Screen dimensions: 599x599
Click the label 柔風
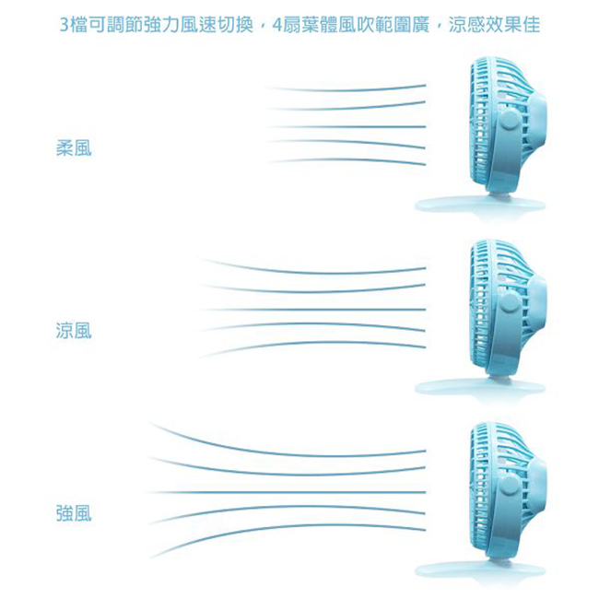pos(74,148)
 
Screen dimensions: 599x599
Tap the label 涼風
pos(74,331)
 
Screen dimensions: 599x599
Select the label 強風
pos(74,513)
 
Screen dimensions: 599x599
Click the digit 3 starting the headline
pos(65,25)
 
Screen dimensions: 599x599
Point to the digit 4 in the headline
pos(277,25)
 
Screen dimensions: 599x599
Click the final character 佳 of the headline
pos(531,25)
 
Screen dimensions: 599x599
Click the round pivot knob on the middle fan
pos(510,303)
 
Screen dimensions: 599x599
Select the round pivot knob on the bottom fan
pos(510,486)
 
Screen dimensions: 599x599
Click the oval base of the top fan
pos(480,205)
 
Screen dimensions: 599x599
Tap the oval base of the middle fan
pos(480,387)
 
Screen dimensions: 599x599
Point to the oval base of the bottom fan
pos(480,570)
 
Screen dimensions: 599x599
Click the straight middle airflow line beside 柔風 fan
pos(346,126)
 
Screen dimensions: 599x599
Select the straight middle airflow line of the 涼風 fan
pos(312,309)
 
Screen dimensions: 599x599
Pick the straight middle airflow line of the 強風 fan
pos(287,492)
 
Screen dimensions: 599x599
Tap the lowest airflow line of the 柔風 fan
pos(346,160)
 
